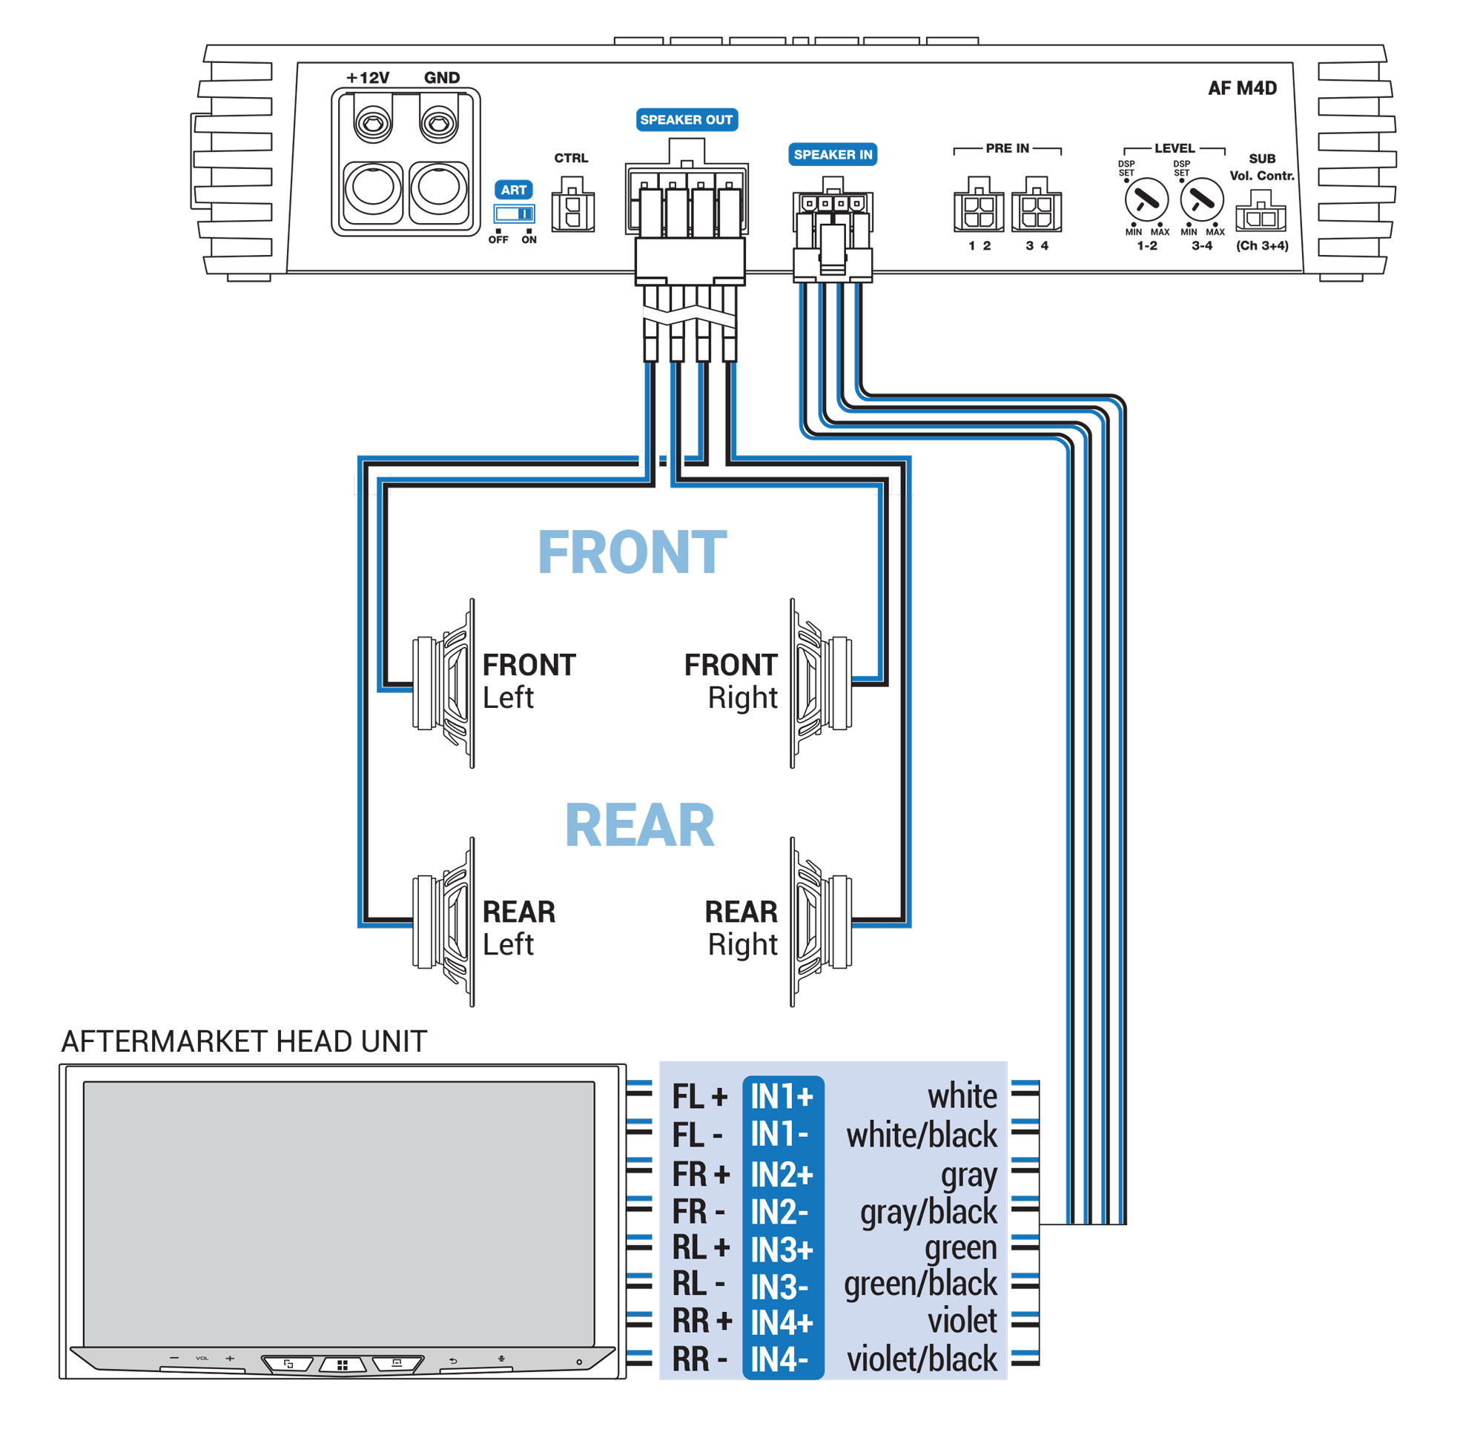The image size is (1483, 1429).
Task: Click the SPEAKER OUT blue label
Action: (x=687, y=119)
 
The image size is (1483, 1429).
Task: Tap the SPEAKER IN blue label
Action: (x=832, y=154)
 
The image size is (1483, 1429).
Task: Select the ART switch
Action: (x=515, y=213)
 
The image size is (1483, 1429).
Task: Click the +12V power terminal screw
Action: (x=373, y=122)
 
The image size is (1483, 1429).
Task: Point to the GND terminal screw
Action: (x=439, y=122)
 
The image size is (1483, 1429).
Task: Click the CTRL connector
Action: (x=572, y=206)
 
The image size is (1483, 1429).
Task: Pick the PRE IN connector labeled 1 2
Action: (x=978, y=207)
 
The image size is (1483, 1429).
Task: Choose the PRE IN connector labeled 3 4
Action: (x=1036, y=207)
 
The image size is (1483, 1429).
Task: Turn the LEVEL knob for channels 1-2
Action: (x=1146, y=200)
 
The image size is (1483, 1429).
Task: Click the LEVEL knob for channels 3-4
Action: (x=1201, y=200)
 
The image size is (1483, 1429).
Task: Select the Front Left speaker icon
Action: (x=445, y=683)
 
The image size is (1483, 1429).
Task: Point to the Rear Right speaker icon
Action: (x=820, y=921)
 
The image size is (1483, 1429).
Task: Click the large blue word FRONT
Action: (x=632, y=552)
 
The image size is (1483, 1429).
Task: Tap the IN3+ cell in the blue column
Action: (x=782, y=1250)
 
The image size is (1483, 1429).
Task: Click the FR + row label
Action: (x=701, y=1175)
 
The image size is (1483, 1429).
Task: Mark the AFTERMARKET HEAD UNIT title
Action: (x=244, y=1041)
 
